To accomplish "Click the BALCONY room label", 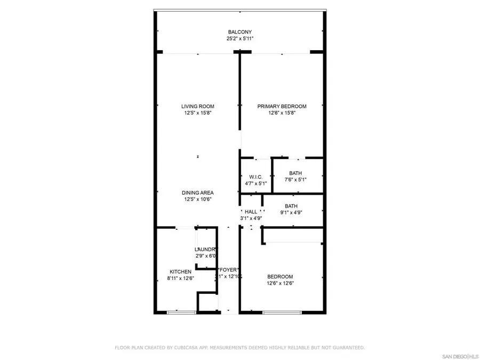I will pyautogui.click(x=239, y=31).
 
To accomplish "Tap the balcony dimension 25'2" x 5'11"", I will pyautogui.click(x=239, y=38).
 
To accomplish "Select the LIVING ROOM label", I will pyautogui.click(x=197, y=106).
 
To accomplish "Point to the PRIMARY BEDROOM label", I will pyautogui.click(x=282, y=106).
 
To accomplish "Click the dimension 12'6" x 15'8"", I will pyautogui.click(x=282, y=113).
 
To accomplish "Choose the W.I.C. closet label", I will pyautogui.click(x=255, y=177).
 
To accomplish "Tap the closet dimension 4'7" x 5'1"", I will pyautogui.click(x=255, y=183).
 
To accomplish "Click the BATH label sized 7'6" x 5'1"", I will pyautogui.click(x=296, y=173).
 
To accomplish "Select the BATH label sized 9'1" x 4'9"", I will pyautogui.click(x=291, y=206).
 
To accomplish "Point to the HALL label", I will pyautogui.click(x=251, y=212).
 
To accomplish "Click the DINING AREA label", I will pyautogui.click(x=197, y=193).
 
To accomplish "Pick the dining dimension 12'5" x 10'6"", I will pyautogui.click(x=197, y=199).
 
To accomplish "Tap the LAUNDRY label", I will pyautogui.click(x=205, y=249).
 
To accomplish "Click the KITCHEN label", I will pyautogui.click(x=180, y=271).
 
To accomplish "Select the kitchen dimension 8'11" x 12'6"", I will pyautogui.click(x=180, y=278).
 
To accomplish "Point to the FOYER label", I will pyautogui.click(x=228, y=270).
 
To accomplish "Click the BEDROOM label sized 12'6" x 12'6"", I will pyautogui.click(x=280, y=276).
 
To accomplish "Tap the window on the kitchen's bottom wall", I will pyautogui.click(x=174, y=312).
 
